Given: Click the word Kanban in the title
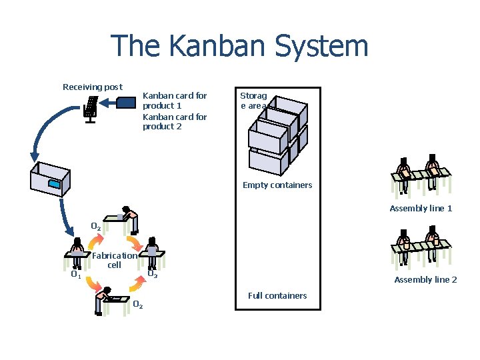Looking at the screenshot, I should point(213,46).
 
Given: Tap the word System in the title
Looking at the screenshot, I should point(319,46).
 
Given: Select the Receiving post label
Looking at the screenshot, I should point(92,87).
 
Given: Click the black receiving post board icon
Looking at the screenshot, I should point(91,107).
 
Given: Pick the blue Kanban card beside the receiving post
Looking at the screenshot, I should point(127,102).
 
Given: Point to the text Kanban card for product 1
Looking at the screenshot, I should point(175,101).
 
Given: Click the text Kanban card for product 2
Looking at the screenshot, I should point(175,121).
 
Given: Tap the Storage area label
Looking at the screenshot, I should point(253,101).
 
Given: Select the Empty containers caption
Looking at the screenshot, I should point(277,185).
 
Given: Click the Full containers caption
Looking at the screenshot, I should point(277,295).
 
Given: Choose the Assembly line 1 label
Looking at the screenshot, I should point(421,209).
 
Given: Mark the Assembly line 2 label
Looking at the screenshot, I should point(425,280).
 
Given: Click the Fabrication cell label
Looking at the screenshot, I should point(115,260).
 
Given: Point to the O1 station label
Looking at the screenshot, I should point(76,274).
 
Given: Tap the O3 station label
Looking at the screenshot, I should point(152,273).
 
